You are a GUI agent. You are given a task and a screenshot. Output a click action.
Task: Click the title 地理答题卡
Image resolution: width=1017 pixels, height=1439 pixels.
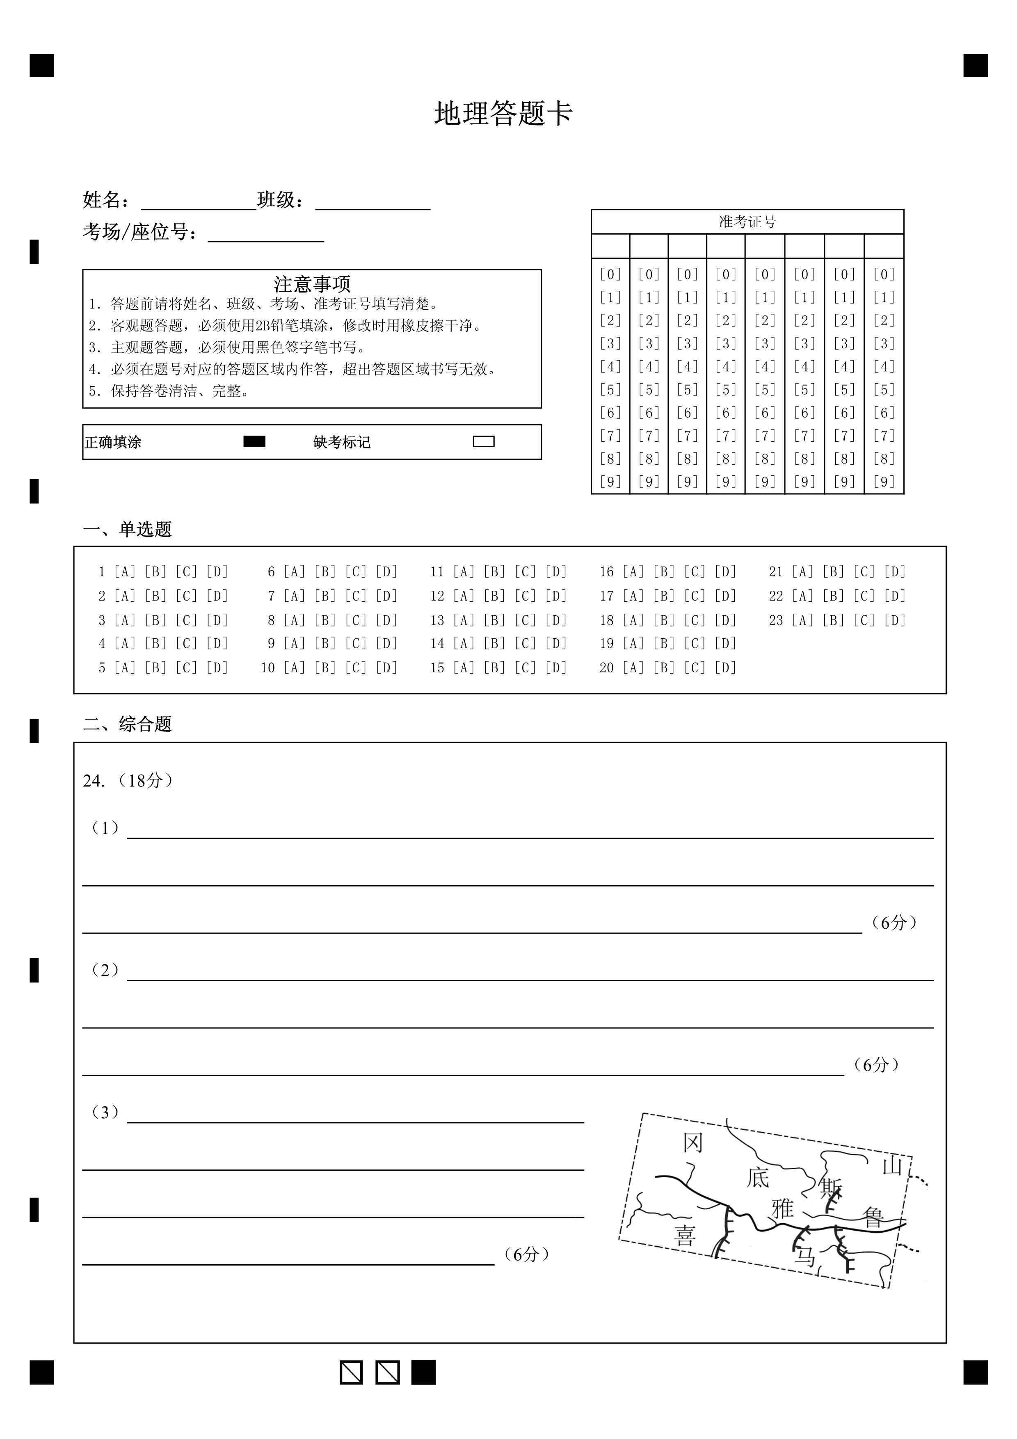(504, 114)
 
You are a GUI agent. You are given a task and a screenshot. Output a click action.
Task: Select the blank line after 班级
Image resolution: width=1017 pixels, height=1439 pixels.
(373, 204)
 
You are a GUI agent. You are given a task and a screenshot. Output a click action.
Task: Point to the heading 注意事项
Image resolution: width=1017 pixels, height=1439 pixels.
(312, 284)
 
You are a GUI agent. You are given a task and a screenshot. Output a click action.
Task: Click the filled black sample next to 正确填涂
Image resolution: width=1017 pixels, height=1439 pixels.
(254, 442)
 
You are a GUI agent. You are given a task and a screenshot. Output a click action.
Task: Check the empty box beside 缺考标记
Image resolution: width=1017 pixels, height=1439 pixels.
(484, 442)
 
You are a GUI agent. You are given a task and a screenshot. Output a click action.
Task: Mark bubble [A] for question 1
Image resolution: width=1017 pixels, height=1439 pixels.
(125, 571)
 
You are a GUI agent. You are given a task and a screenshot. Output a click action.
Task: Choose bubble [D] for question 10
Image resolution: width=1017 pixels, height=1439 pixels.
(386, 668)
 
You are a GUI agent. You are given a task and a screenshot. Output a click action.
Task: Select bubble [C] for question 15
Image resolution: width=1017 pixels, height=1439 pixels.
(525, 668)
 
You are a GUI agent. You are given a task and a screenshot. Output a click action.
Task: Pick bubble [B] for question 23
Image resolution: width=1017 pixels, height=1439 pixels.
(833, 621)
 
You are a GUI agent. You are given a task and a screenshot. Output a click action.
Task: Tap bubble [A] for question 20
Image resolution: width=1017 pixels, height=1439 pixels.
(633, 668)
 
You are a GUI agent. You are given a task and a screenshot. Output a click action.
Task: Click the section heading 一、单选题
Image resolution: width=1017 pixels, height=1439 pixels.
(127, 530)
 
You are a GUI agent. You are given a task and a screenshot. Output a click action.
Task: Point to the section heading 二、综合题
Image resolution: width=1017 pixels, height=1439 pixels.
(127, 724)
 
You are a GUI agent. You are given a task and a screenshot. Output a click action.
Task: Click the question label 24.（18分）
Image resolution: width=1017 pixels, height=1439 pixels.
(128, 781)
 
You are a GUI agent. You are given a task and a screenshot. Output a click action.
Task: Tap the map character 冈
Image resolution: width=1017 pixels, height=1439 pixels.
(692, 1143)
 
